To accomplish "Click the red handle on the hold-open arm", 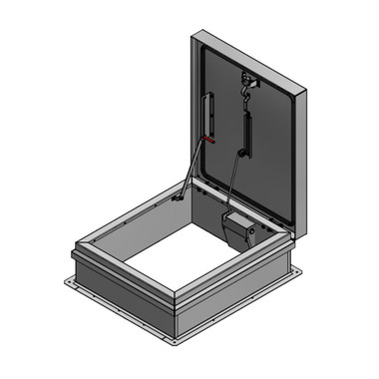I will coord(206,140).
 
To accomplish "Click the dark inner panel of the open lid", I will coord(269,150).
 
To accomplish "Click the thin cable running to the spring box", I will coord(230,180).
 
